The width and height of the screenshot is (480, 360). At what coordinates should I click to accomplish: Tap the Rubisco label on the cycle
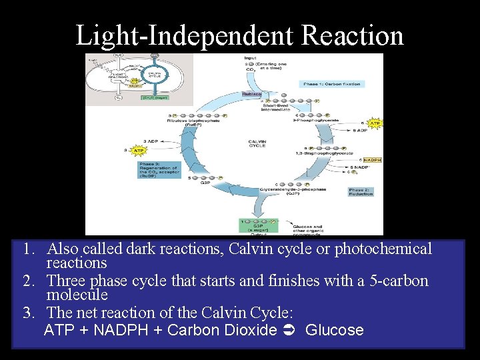pos(251,94)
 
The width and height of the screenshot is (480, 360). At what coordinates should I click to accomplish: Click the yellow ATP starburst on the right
pos(375,123)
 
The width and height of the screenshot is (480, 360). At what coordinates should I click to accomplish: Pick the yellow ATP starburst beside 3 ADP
pos(139,151)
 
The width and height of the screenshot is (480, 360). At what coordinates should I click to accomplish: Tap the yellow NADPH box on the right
pos(373,160)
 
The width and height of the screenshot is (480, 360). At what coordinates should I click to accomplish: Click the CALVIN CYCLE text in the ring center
pos(257,143)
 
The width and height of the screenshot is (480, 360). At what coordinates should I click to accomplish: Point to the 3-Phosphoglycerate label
pos(317,120)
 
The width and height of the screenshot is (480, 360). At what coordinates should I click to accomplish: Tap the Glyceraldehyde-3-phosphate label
pos(303,189)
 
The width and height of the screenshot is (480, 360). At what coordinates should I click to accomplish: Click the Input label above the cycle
pos(251,58)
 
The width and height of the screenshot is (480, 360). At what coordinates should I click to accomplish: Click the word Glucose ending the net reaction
pos(334,330)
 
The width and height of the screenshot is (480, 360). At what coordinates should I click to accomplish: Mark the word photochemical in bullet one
pos(383,249)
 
